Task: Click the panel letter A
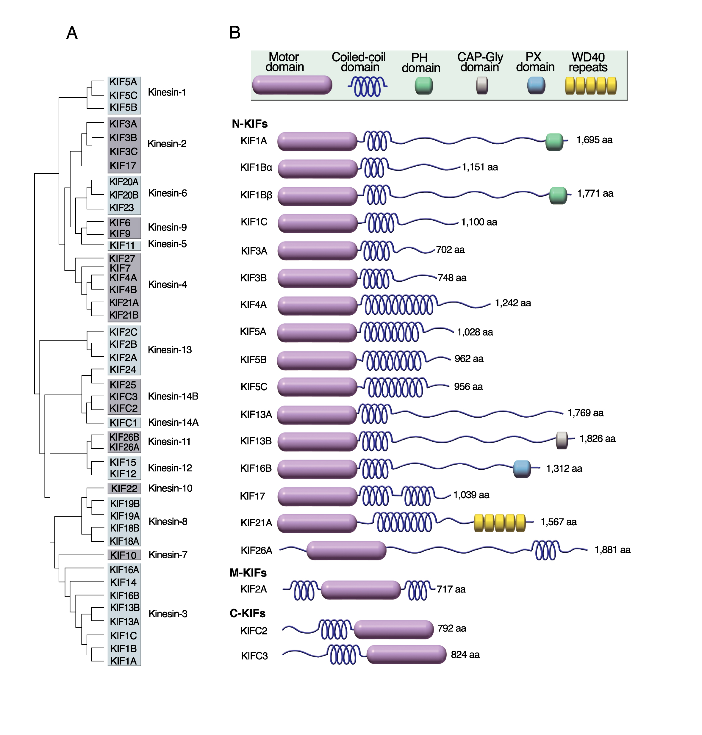72,33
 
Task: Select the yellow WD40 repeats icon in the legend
590,86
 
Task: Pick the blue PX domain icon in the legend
536,86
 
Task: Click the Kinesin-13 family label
170,350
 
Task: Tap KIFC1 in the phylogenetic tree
123,423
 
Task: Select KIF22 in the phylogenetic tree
124,488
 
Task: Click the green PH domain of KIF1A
554,142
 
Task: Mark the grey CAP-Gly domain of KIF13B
562,440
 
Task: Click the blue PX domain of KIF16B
522,469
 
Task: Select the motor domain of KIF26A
346,551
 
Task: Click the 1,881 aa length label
612,550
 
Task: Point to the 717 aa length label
451,589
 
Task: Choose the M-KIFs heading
248,573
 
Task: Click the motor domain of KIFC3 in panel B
406,655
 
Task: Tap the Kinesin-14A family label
173,422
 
